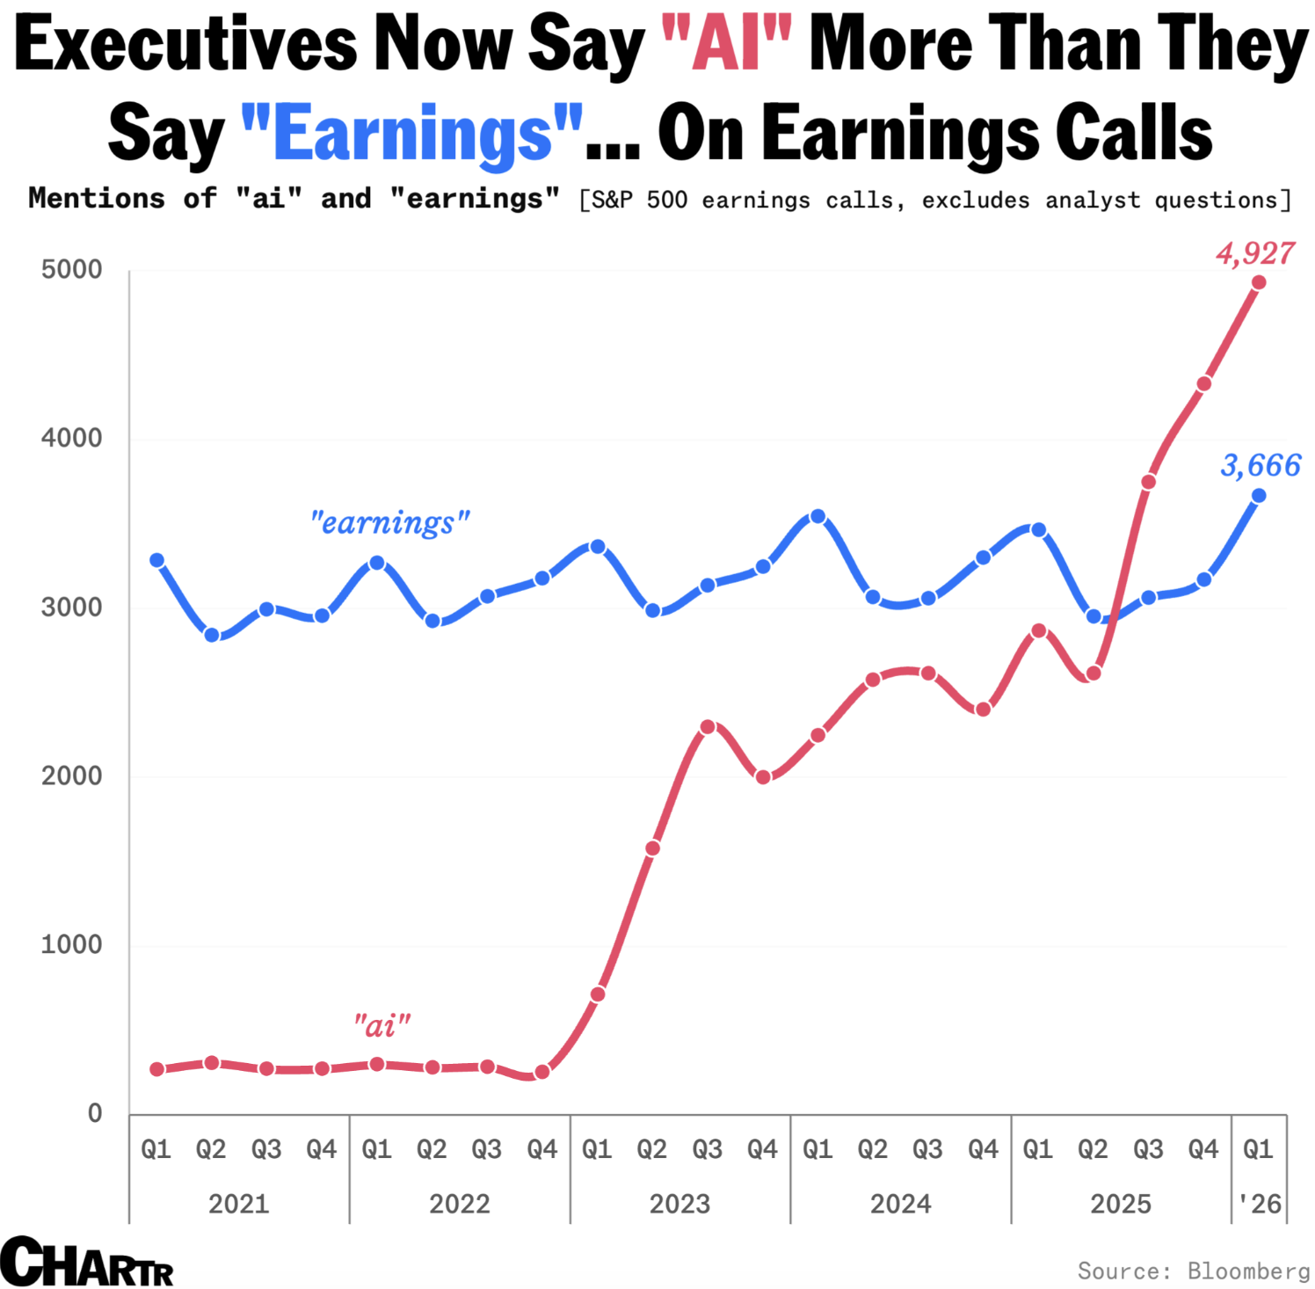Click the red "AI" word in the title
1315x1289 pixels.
[x=726, y=44]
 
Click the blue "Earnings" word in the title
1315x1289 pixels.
[x=411, y=134]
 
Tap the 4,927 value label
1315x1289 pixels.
[x=1255, y=253]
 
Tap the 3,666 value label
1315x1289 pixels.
[x=1261, y=465]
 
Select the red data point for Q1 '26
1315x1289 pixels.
[x=1258, y=282]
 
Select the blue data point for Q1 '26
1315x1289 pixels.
[x=1258, y=496]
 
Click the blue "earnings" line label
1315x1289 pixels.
[x=389, y=523]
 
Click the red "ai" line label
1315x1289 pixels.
[x=381, y=1025]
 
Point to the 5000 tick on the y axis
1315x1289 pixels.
[x=71, y=269]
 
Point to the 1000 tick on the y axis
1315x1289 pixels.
[x=71, y=944]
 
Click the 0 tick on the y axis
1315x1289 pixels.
[x=95, y=1113]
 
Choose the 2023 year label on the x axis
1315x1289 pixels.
[x=679, y=1203]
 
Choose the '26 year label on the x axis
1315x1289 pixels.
[x=1260, y=1203]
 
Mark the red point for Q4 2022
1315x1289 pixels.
[x=541, y=1072]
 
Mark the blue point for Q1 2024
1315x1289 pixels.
[x=817, y=516]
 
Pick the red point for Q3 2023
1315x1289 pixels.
[x=708, y=727]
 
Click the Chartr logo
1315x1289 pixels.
[x=86, y=1262]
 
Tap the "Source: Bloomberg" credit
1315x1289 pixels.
[x=1193, y=1271]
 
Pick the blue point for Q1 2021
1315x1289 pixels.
[x=156, y=560]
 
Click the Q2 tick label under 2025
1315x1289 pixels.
[x=1093, y=1149]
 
